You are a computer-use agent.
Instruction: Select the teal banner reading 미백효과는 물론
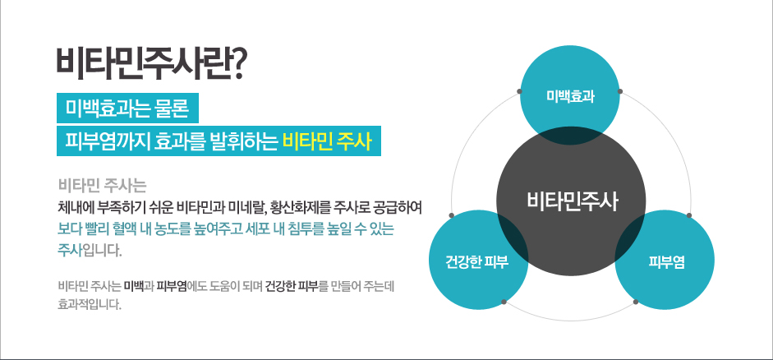click(127, 108)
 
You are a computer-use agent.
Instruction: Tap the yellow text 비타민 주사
click(326, 141)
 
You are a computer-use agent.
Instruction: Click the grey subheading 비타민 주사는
click(102, 187)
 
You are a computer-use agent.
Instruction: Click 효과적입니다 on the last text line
click(89, 304)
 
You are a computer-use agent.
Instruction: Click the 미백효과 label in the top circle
click(570, 97)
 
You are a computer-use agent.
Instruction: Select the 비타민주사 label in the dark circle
click(572, 201)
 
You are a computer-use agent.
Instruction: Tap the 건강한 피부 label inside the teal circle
click(476, 262)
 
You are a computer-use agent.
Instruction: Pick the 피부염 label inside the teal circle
click(666, 262)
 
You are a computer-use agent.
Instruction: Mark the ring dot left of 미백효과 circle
click(519, 91)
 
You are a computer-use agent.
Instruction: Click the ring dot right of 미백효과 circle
click(620, 91)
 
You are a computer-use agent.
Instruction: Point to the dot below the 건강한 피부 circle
click(504, 302)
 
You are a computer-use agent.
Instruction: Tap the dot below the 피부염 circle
click(636, 302)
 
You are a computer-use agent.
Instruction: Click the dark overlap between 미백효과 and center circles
click(570, 136)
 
